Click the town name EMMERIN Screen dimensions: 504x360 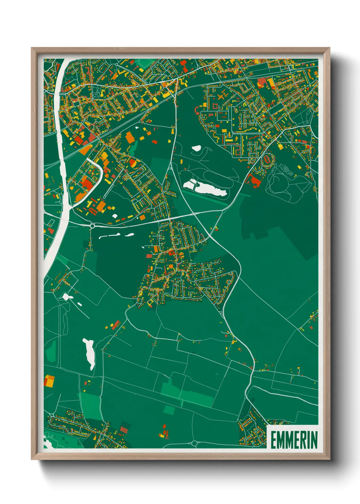(x=294, y=440)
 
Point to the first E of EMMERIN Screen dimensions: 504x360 (x=273, y=440)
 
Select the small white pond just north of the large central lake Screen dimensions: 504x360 (x=196, y=148)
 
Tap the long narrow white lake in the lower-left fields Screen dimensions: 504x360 (x=89, y=353)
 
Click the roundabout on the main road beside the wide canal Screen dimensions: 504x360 (x=92, y=225)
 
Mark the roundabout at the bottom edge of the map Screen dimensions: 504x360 (x=194, y=443)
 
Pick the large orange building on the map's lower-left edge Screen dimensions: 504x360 (x=49, y=381)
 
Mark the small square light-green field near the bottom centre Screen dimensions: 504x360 (x=169, y=410)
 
